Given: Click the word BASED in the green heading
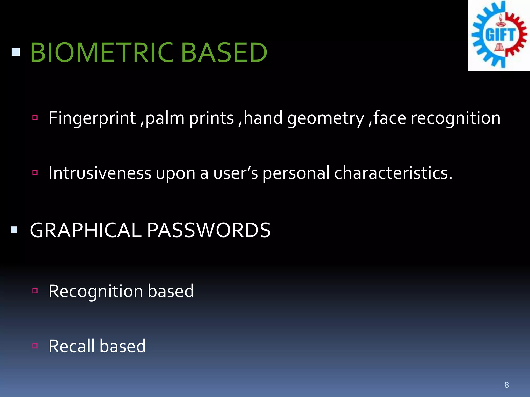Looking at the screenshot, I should click(224, 52).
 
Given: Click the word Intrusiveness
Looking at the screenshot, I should click(100, 173).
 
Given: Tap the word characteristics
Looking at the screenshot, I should click(393, 173).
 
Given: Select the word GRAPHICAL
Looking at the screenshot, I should click(86, 230).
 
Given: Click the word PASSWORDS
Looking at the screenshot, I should click(209, 230).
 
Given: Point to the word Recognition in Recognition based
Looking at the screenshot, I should click(96, 291).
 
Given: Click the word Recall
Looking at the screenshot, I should click(72, 346).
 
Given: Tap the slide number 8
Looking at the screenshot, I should click(506, 385).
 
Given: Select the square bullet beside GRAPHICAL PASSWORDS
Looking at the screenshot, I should click(14, 230).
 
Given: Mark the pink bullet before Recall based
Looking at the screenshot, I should click(35, 346).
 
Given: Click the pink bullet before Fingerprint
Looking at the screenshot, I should click(35, 118).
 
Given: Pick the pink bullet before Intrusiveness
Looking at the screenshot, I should click(35, 172).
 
